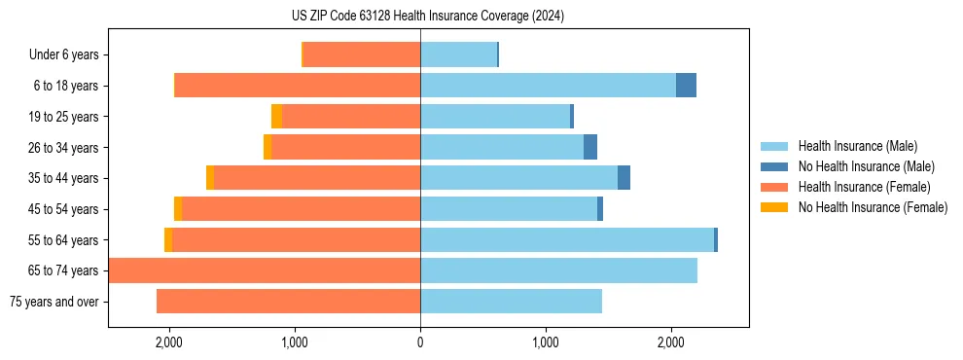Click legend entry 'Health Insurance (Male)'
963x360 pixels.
pyautogui.click(x=857, y=146)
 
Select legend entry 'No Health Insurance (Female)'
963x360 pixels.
pyautogui.click(x=873, y=207)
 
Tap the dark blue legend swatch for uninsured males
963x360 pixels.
pyautogui.click(x=774, y=166)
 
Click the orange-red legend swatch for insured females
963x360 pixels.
pyautogui.click(x=774, y=187)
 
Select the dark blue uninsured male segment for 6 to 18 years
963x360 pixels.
pyautogui.click(x=686, y=86)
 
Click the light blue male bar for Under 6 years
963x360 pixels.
pyautogui.click(x=458, y=54)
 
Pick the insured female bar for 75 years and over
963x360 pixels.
pyautogui.click(x=288, y=302)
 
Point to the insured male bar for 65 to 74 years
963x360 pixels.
pyautogui.click(x=558, y=270)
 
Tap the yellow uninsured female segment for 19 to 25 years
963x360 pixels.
pyautogui.click(x=276, y=117)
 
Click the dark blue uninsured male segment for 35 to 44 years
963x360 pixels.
pyautogui.click(x=624, y=178)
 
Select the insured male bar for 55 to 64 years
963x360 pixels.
pyautogui.click(x=567, y=239)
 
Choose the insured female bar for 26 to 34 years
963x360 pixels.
pyautogui.click(x=345, y=147)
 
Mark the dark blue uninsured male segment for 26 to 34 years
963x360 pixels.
pyautogui.click(x=590, y=147)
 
